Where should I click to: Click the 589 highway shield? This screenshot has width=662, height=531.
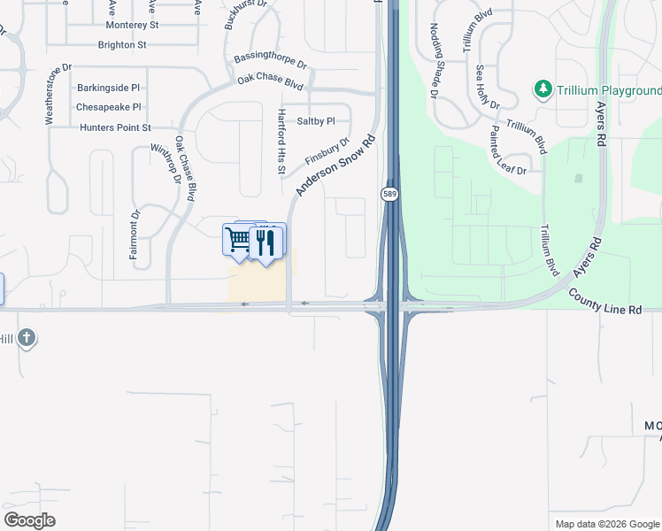click(389, 193)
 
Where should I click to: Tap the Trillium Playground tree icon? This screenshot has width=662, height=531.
click(542, 89)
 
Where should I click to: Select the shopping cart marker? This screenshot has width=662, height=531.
click(238, 239)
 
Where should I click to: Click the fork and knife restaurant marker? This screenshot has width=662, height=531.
click(266, 242)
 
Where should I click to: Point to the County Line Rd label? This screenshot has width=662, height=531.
click(604, 302)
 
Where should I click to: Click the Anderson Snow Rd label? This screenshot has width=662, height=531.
click(336, 165)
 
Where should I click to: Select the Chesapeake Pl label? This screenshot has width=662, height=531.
click(109, 107)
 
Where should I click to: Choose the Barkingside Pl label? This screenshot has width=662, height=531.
click(109, 88)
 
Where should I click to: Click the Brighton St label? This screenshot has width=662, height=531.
click(122, 44)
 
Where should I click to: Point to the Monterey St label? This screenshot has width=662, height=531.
click(132, 26)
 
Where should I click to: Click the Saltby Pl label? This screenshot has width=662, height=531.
click(316, 121)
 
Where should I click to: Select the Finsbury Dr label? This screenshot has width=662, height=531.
click(327, 150)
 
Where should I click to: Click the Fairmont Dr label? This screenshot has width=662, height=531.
click(135, 233)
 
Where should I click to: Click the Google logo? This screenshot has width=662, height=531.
click(29, 520)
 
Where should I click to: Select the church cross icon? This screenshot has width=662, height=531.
click(27, 338)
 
